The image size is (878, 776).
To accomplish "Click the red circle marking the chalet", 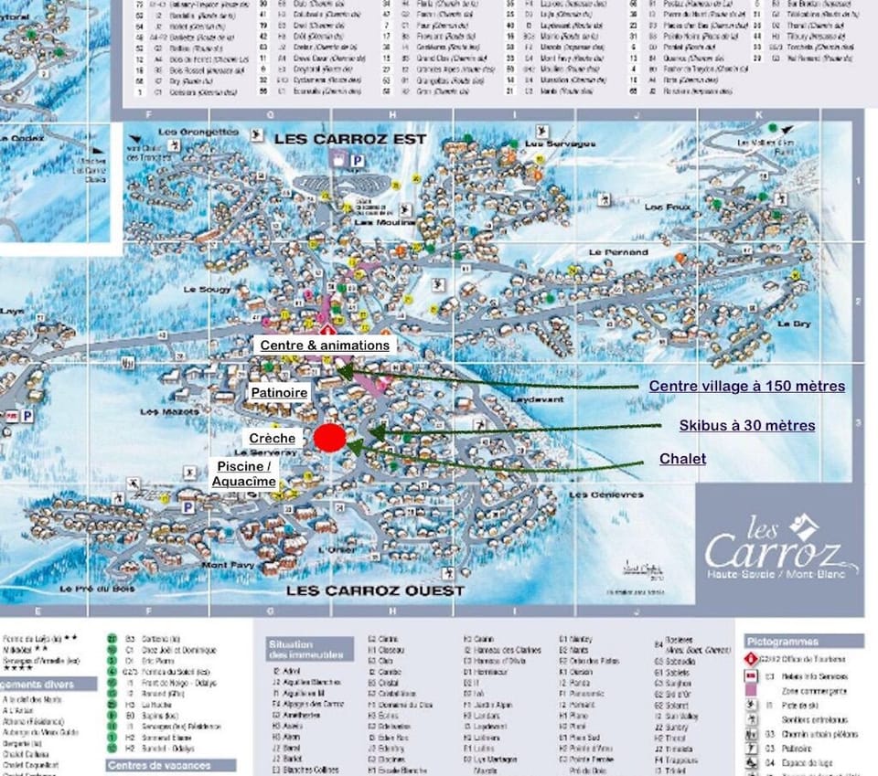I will click(330, 438).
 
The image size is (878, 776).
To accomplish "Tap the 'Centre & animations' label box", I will click(325, 345).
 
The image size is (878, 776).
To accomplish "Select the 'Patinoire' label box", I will click(280, 392).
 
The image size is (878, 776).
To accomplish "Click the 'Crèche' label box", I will click(273, 439).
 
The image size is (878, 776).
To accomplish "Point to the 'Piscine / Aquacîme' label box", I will click(244, 473).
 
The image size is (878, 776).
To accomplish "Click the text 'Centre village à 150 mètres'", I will click(746, 387).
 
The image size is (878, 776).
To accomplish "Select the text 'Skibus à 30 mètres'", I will click(746, 426).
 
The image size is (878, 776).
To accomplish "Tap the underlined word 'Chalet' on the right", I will click(682, 459).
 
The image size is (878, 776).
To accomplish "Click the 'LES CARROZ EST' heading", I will click(350, 139).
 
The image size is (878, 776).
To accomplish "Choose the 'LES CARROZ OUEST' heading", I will click(375, 590).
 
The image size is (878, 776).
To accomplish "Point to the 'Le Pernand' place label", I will click(618, 252).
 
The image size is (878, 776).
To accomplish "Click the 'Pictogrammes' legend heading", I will click(782, 642).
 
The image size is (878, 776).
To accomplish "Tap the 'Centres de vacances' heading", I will click(159, 765).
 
